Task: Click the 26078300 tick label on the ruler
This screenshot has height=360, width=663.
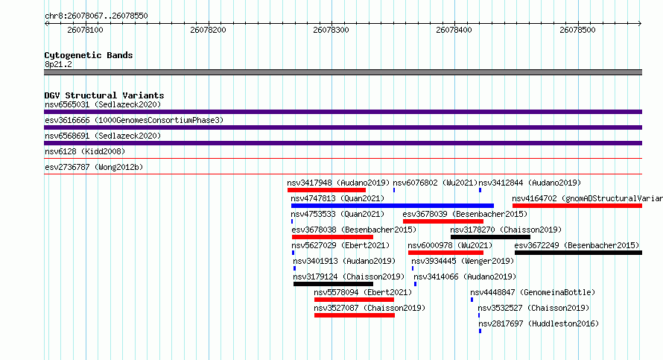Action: (331, 30)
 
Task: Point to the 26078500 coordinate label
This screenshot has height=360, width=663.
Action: (577, 30)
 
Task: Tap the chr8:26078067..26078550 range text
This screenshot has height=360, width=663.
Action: (96, 16)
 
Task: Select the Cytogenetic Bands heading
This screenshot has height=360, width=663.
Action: (89, 55)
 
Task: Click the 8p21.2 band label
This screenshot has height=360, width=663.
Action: (58, 64)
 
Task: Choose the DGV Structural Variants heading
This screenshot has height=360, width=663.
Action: (104, 95)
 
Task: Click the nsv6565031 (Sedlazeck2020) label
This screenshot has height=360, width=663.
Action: (103, 104)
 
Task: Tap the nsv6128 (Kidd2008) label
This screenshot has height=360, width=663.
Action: (85, 151)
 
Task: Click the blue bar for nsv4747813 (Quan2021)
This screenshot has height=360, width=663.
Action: (393, 206)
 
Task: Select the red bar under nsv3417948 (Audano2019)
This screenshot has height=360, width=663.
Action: (326, 190)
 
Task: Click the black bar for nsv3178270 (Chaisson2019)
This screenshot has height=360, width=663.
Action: (490, 237)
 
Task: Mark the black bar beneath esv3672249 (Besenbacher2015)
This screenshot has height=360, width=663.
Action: (578, 253)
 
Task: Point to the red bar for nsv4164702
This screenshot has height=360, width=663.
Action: (577, 206)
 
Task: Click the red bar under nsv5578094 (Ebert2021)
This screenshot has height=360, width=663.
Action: (354, 300)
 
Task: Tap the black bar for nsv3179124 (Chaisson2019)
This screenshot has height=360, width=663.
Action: (333, 284)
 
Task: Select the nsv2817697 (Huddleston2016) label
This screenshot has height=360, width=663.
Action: (539, 323)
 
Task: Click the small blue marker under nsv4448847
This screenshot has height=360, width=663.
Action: (472, 300)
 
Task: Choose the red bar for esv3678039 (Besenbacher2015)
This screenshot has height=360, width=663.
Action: (443, 221)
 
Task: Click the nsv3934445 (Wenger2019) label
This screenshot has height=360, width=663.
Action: (463, 261)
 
